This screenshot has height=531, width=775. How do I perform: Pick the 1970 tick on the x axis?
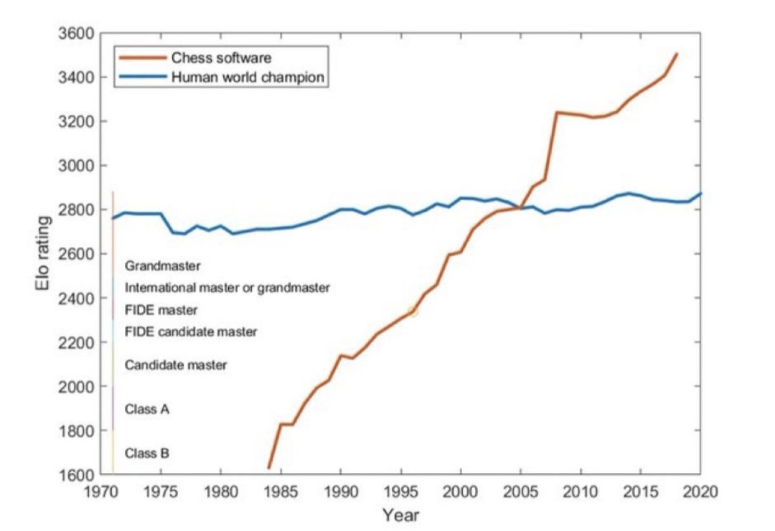pos(101,492)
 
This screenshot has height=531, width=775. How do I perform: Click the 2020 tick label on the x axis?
pos(700,492)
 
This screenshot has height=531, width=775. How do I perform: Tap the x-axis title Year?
pos(400,514)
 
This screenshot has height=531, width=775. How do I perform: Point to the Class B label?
pos(147,454)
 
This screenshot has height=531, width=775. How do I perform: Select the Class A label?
pos(147,409)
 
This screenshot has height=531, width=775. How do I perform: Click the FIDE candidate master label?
pos(191,332)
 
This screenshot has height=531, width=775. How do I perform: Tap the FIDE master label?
pos(161,310)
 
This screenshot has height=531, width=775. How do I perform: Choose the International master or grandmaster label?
pos(227,288)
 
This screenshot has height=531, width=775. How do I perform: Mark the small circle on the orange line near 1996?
pos(413,311)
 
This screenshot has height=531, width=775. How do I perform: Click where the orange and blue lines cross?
pos(520,207)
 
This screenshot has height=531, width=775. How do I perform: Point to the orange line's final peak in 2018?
pos(676,54)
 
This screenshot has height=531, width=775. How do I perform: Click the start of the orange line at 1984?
pos(269,468)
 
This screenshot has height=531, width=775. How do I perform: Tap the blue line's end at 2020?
pos(700,194)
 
